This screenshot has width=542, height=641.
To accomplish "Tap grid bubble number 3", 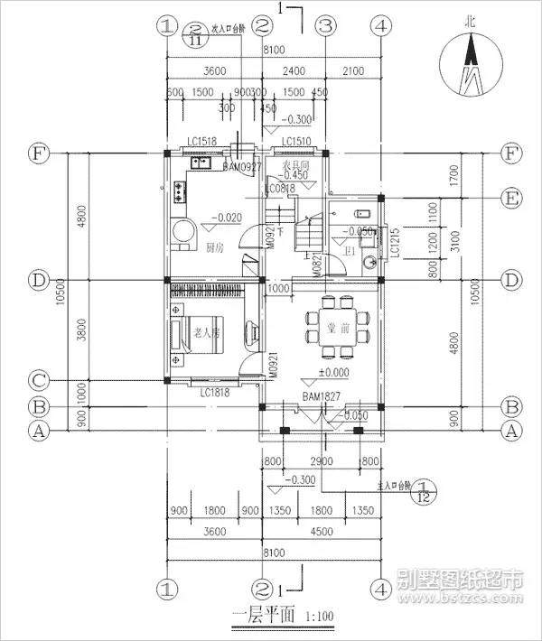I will (326, 26).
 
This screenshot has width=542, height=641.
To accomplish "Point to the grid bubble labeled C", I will (39, 379).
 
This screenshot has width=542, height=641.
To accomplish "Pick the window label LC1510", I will (295, 142).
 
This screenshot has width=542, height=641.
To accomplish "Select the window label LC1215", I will (394, 245).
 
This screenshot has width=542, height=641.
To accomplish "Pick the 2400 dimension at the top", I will (294, 71).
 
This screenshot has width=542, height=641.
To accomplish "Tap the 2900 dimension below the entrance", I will (322, 461).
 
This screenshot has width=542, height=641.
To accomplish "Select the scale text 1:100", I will (315, 618).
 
